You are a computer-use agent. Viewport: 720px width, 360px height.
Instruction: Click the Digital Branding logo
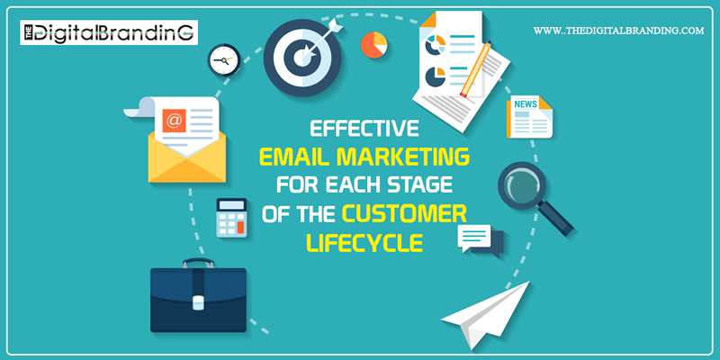point(109,31)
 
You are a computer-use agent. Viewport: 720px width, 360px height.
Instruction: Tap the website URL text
point(618,31)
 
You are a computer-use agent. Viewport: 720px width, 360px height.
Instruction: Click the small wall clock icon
point(224,60)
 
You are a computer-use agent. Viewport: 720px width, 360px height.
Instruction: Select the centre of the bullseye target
point(302,57)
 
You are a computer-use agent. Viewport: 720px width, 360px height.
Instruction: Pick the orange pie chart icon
point(373,45)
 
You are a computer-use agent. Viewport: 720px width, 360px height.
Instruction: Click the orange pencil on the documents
point(475,69)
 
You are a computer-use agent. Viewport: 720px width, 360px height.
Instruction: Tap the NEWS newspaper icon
point(529,117)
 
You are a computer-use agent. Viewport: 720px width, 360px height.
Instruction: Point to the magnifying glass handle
point(556,219)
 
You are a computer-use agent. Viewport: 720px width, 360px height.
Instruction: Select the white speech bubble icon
point(474,238)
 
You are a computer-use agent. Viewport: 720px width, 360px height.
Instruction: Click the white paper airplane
point(486,314)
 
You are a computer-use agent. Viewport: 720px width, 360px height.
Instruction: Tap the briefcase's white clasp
point(198,302)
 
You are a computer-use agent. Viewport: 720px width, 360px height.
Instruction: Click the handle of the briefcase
point(198,262)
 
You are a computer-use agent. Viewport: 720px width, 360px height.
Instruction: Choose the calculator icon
point(231,218)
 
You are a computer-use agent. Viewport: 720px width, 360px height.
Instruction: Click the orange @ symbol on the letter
point(174,121)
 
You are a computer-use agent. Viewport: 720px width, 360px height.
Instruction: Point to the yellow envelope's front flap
point(187,163)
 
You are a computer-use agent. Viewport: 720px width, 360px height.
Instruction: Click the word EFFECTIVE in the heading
point(364,129)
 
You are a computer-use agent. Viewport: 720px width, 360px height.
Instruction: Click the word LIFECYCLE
point(364,243)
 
